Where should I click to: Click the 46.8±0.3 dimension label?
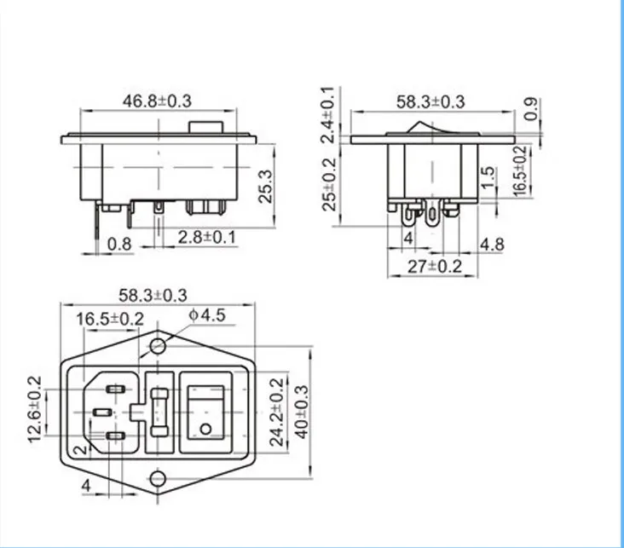(157, 101)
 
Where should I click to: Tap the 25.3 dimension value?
(265, 187)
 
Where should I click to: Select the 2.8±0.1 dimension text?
(207, 237)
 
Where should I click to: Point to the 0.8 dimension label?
(119, 244)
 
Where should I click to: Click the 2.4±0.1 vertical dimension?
(328, 114)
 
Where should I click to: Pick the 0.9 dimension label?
(531, 108)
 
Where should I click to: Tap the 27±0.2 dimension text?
(435, 266)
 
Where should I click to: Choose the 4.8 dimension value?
(492, 245)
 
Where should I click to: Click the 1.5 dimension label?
(488, 177)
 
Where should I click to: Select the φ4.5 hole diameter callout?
(207, 315)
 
